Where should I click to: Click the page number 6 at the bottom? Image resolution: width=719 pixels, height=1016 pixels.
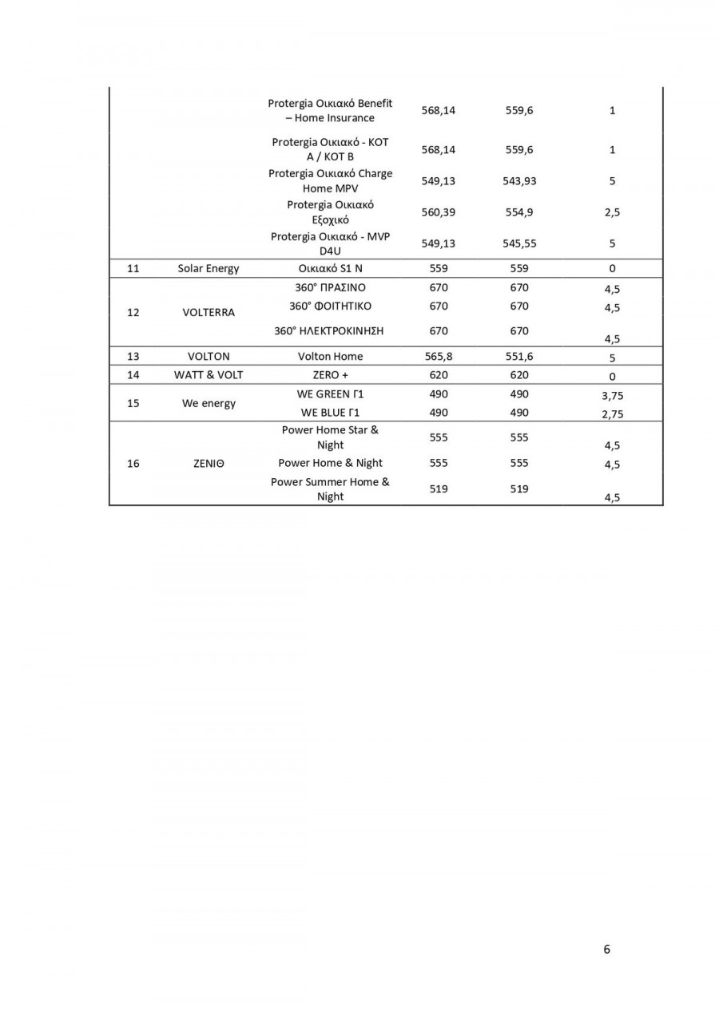607,949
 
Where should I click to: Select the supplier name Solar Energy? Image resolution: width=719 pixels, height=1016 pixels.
208,268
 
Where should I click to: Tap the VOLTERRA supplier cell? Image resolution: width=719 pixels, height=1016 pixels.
209,312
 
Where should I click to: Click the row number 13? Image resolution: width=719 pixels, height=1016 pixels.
133,356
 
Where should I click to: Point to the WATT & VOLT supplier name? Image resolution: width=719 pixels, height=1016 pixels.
209,374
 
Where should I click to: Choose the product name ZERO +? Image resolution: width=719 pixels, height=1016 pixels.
330,374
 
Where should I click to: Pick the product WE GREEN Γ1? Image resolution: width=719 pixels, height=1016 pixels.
330,393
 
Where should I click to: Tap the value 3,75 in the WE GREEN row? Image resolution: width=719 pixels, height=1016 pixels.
612,395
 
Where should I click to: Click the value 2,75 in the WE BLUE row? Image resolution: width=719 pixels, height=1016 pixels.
612,413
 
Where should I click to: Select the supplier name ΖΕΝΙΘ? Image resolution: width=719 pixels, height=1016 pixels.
209,463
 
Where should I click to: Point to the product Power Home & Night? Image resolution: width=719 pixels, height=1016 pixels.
330,463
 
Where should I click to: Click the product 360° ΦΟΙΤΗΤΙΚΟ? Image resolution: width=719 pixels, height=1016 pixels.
330,306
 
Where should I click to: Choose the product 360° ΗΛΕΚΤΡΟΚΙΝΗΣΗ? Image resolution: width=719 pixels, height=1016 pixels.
330,330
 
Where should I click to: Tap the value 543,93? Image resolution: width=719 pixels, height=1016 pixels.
519,181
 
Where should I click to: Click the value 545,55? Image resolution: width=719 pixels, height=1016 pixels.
519,243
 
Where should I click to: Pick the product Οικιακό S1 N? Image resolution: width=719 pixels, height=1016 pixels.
330,268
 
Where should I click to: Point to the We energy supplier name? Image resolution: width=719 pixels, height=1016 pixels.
209,403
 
